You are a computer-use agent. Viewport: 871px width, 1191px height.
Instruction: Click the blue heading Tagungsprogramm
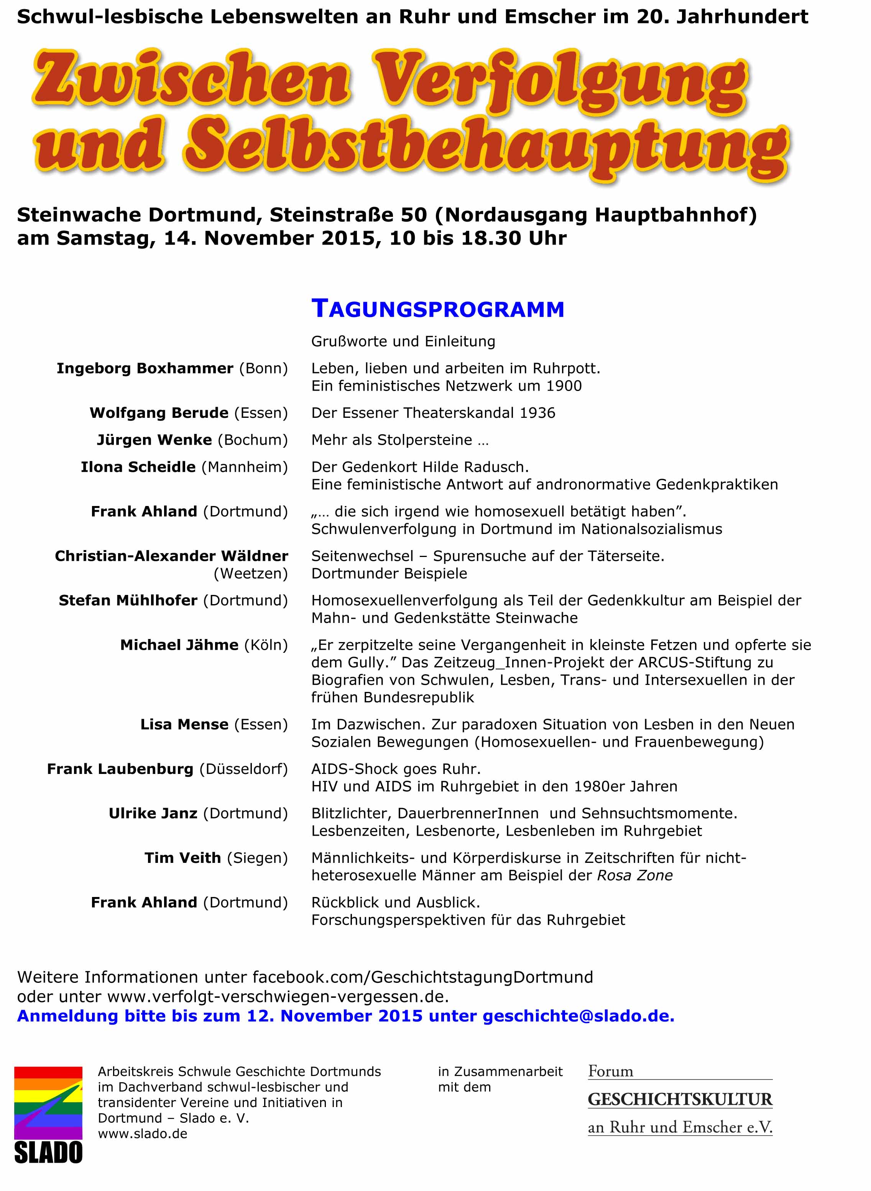coord(438,309)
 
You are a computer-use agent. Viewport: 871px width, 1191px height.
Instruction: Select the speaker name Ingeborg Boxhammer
coord(145,368)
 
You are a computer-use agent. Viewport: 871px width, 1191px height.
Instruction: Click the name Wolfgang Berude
coord(159,412)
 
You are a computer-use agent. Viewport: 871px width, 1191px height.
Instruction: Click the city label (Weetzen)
coord(250,573)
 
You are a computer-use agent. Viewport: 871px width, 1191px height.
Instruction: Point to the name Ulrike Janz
coord(153,813)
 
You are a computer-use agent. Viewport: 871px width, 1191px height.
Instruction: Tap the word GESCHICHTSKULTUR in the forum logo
coord(680,1099)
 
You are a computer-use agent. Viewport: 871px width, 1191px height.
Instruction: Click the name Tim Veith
coord(182,858)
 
